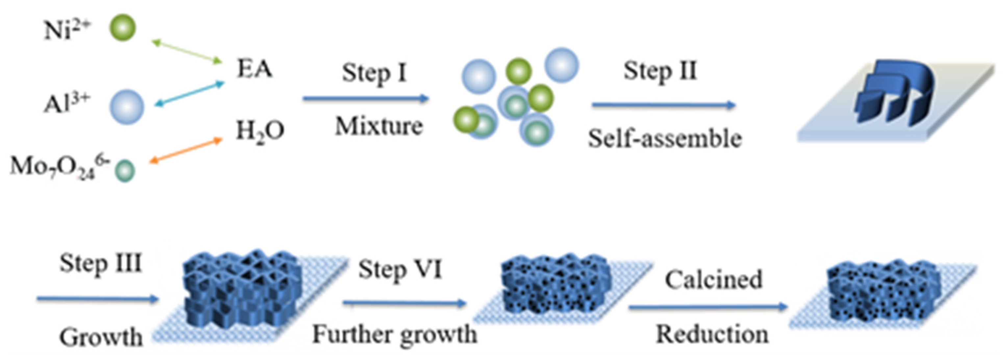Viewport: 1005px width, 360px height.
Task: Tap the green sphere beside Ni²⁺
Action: (122, 28)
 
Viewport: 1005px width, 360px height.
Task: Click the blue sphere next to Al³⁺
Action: (126, 107)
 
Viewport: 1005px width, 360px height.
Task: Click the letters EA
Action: (254, 69)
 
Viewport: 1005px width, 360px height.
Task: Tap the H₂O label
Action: (260, 132)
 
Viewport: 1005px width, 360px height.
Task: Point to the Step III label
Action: (100, 264)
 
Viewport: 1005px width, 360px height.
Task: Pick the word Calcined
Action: (713, 280)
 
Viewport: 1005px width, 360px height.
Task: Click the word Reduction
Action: (712, 335)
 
